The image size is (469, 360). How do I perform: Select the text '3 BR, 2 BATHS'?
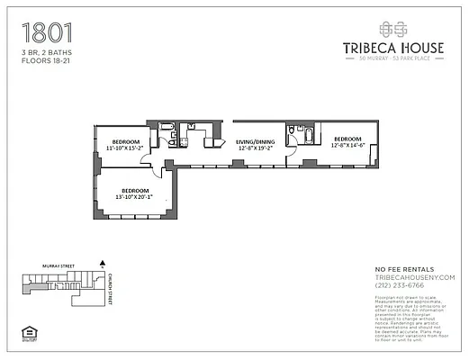click(x=46, y=54)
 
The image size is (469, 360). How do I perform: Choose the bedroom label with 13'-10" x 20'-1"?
click(x=135, y=194)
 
